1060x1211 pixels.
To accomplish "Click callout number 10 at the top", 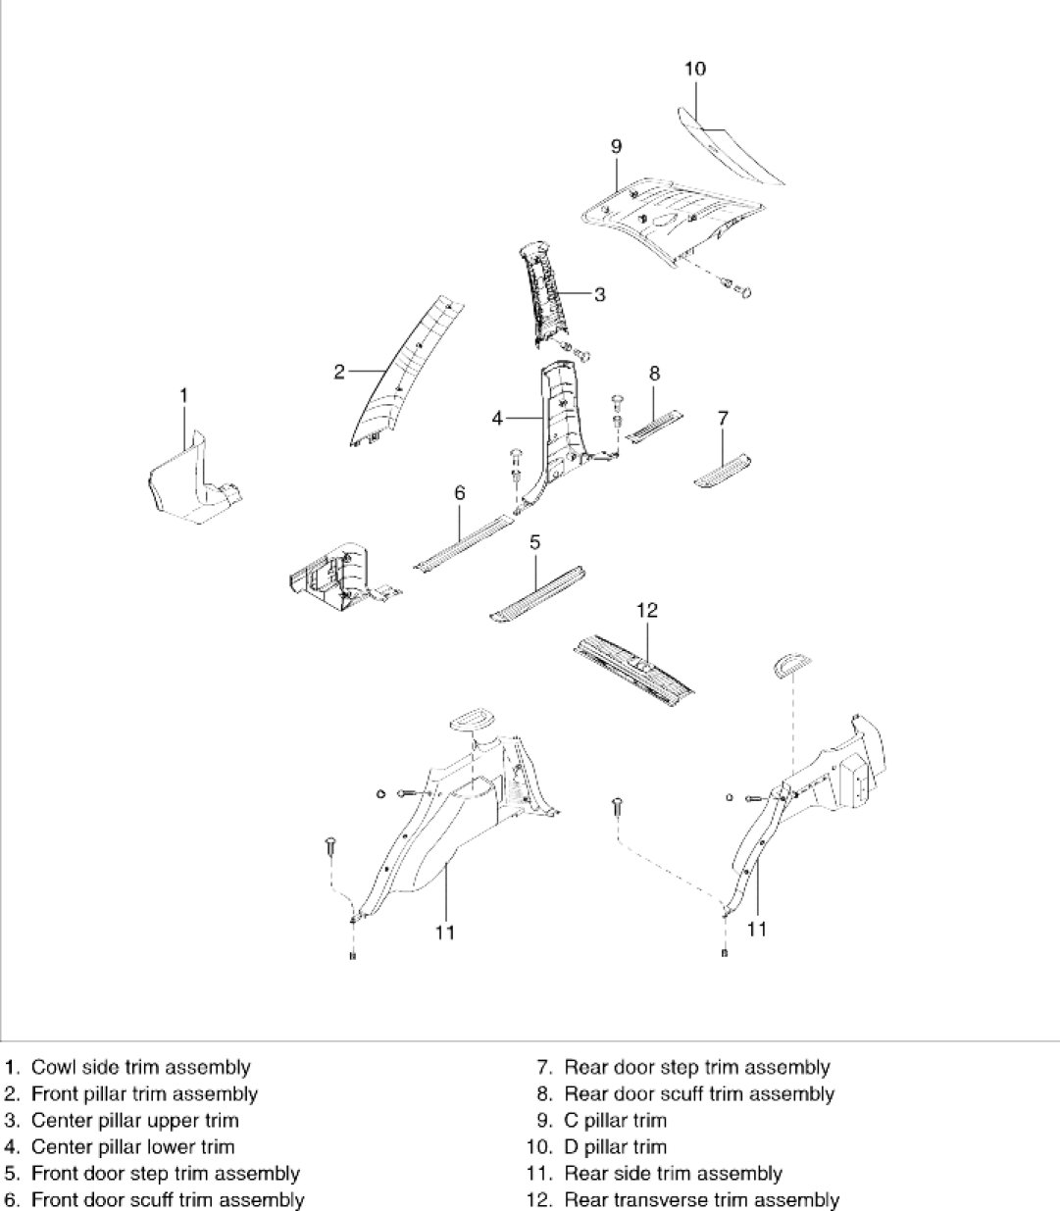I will click(x=695, y=69).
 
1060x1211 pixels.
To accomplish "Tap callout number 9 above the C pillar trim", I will click(x=616, y=147).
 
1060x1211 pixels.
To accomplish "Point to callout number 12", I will click(x=646, y=610).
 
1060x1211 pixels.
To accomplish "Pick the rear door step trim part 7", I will click(x=723, y=470).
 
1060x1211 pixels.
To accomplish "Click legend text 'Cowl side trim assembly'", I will click(x=141, y=1067).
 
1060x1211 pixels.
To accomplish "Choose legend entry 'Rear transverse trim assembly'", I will click(x=701, y=1199).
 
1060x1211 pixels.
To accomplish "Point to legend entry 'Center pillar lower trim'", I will click(x=133, y=1146).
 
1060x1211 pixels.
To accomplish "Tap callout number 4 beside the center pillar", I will click(x=498, y=418).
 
